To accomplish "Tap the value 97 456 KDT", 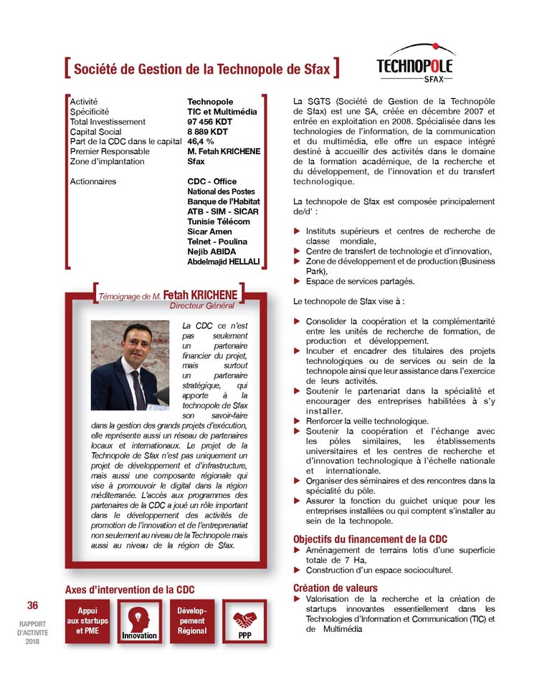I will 209,122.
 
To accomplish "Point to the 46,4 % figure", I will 201,142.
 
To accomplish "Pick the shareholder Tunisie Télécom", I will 219,222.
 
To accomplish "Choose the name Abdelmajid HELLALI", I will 224,262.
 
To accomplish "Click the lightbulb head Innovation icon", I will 139,617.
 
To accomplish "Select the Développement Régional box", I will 191,620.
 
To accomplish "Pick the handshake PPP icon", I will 244,618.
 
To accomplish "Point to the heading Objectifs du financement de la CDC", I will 371,539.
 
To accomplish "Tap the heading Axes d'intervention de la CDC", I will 130,589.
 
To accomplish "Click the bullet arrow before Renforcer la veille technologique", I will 298,421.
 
